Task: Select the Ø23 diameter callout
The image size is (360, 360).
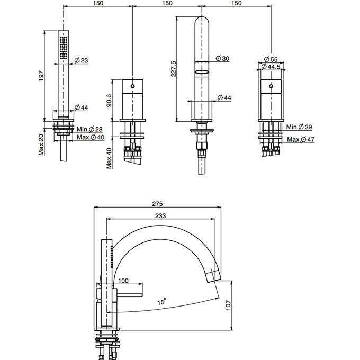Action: coord(81,61)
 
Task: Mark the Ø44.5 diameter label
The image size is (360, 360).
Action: coord(272,68)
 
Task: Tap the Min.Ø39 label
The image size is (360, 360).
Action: coord(299,127)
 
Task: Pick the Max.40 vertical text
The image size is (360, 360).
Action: coord(109,157)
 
